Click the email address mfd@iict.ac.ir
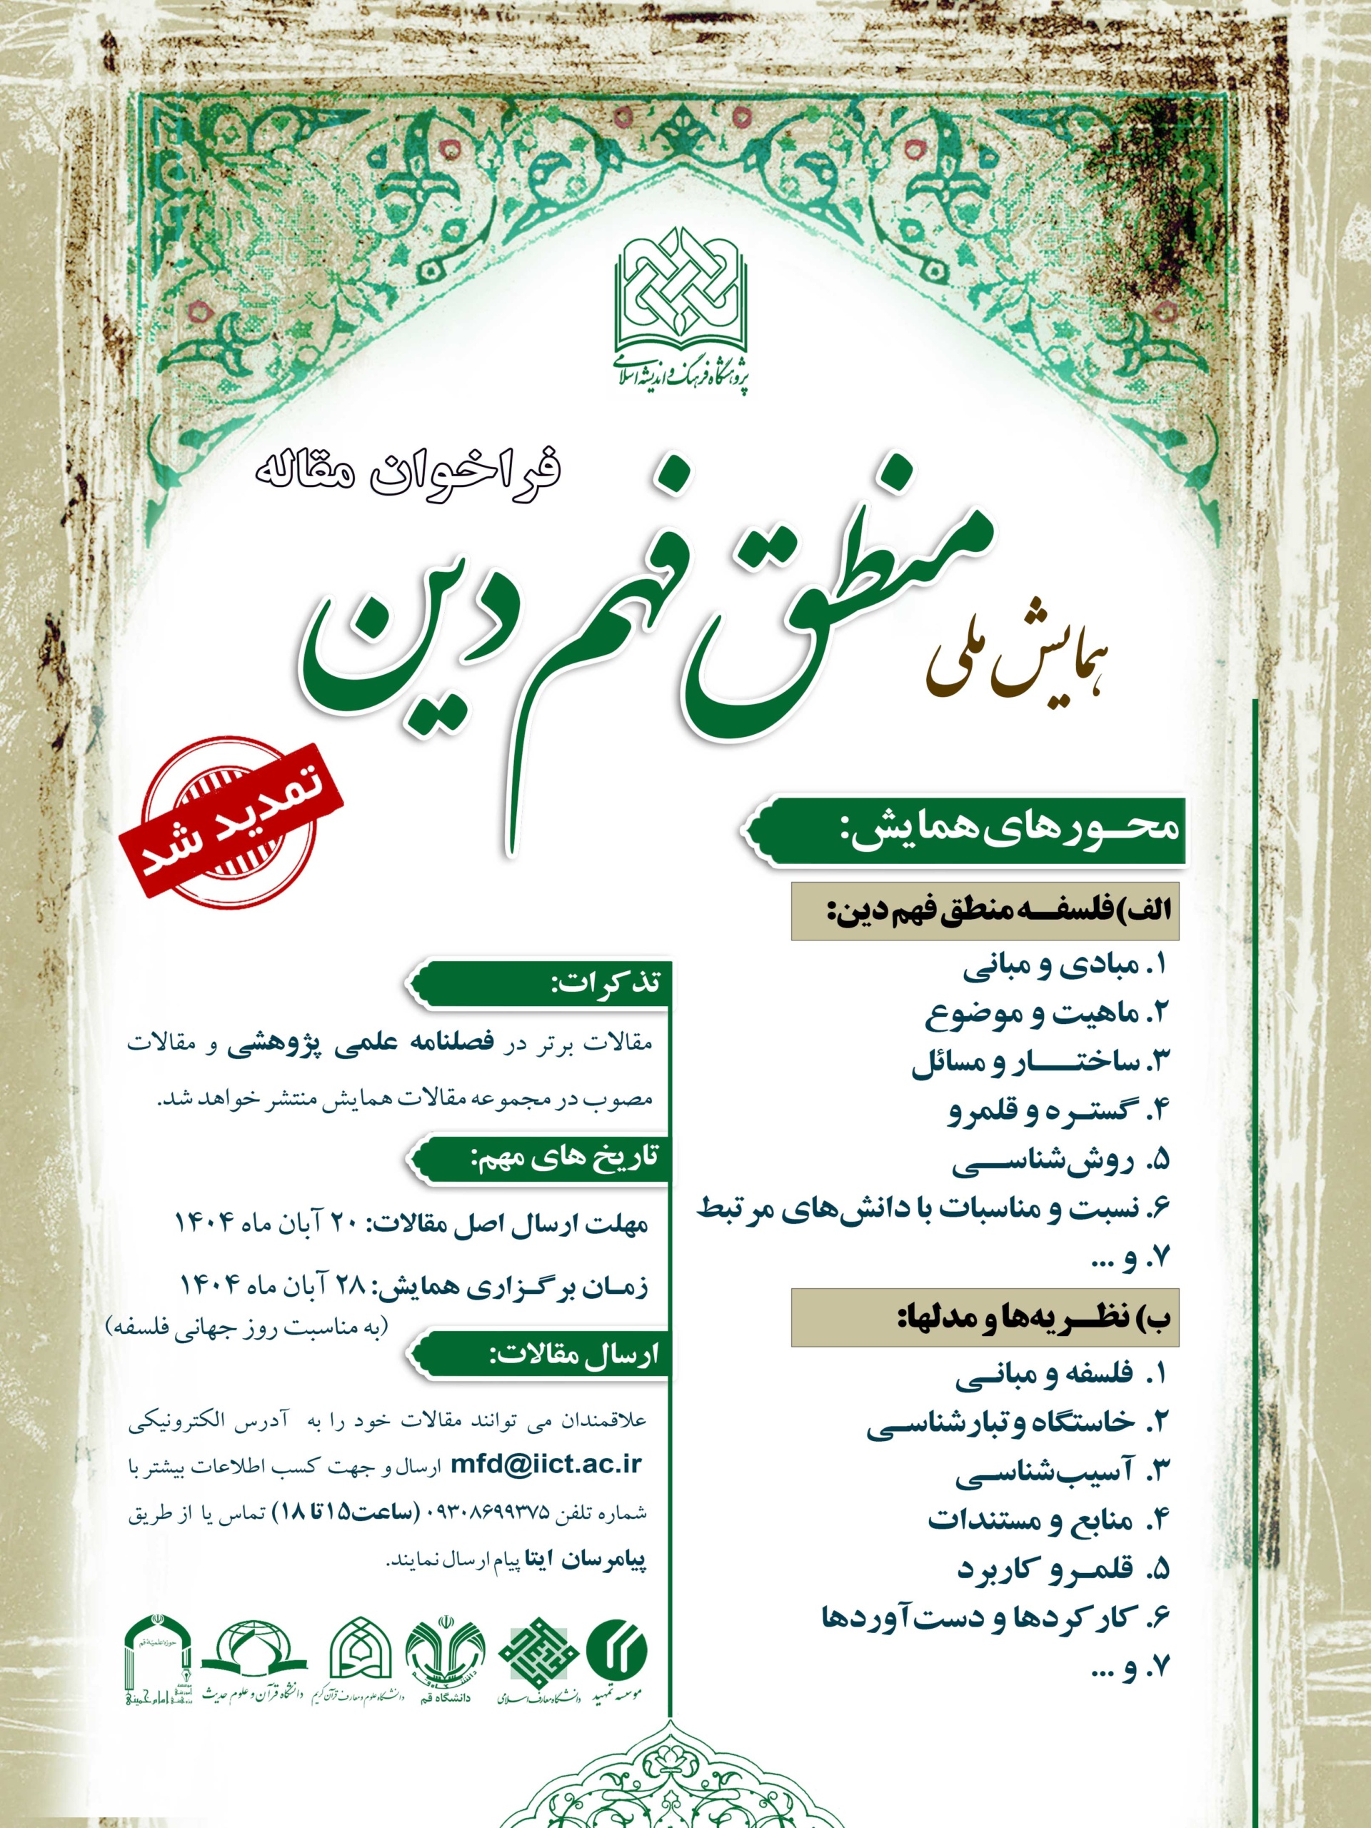pos(546,1464)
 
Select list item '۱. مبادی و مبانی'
pos(1066,966)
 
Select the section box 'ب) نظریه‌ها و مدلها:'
pos(984,1317)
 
